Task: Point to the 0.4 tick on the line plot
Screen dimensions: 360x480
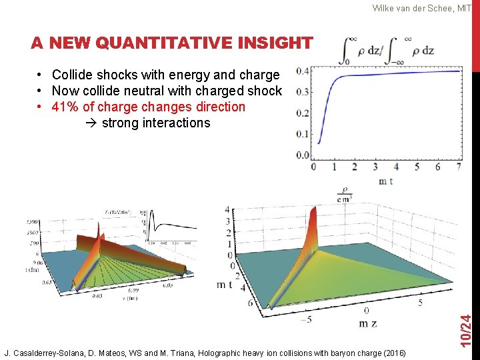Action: point(302,71)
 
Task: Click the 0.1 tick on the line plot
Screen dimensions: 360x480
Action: point(302,134)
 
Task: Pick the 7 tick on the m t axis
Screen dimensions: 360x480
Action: point(458,167)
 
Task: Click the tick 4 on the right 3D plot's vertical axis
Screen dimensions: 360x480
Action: point(227,210)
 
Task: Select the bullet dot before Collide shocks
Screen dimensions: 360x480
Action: point(41,75)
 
